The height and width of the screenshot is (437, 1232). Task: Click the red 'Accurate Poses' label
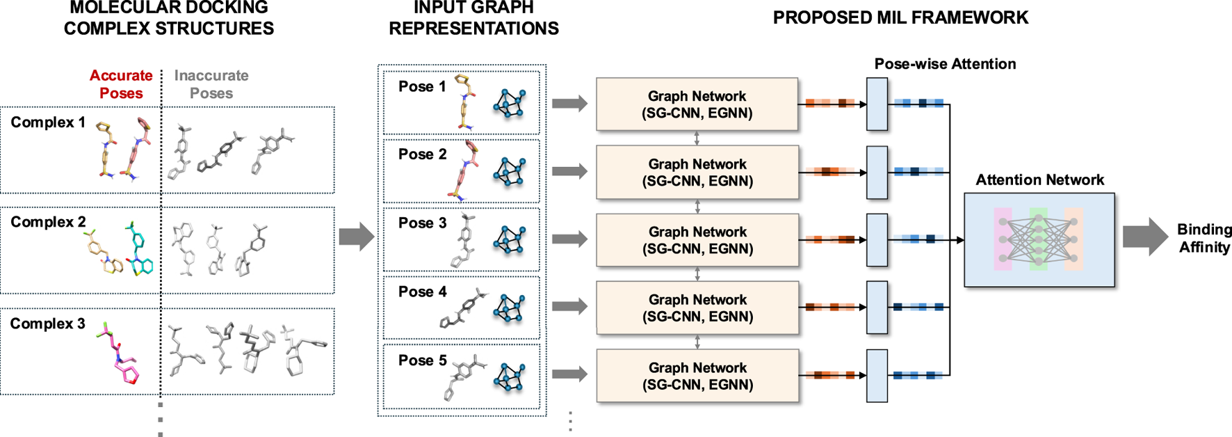[x=121, y=84]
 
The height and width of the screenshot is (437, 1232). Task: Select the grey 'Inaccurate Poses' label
[x=211, y=84]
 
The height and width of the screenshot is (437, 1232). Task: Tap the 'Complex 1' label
[x=48, y=122]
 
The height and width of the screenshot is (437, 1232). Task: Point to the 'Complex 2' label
[x=48, y=222]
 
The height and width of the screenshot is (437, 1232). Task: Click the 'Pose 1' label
[x=422, y=87]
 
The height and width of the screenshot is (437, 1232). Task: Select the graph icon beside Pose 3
[x=509, y=239]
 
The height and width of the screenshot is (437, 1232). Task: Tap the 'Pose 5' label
[x=422, y=360]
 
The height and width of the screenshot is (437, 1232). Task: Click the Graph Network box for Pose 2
[x=697, y=173]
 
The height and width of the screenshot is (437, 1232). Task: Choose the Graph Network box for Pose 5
[x=697, y=376]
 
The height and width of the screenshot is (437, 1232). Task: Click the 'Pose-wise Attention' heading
[x=945, y=64]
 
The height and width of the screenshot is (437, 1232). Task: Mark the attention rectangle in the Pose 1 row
[x=877, y=104]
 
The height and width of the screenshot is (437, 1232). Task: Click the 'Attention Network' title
[x=1039, y=180]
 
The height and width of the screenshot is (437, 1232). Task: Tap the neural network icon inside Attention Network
[x=1039, y=239]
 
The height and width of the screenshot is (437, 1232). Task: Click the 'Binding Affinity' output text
[x=1204, y=238]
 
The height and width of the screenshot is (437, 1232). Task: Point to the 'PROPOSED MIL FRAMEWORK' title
[x=900, y=18]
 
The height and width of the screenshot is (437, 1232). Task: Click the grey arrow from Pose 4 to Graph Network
[x=569, y=306]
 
